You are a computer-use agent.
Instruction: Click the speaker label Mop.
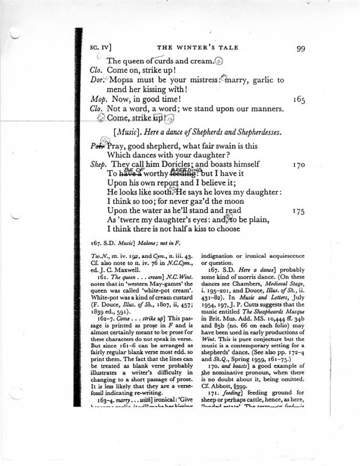point(98,100)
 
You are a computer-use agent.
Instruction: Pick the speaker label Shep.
point(100,165)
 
